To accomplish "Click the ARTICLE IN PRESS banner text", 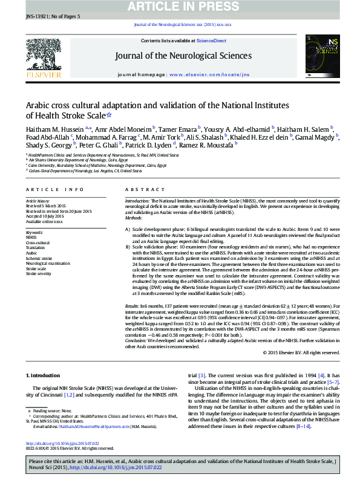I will (180, 7).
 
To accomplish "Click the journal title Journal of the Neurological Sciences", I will (183, 56).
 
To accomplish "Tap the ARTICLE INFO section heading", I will (54, 189).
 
